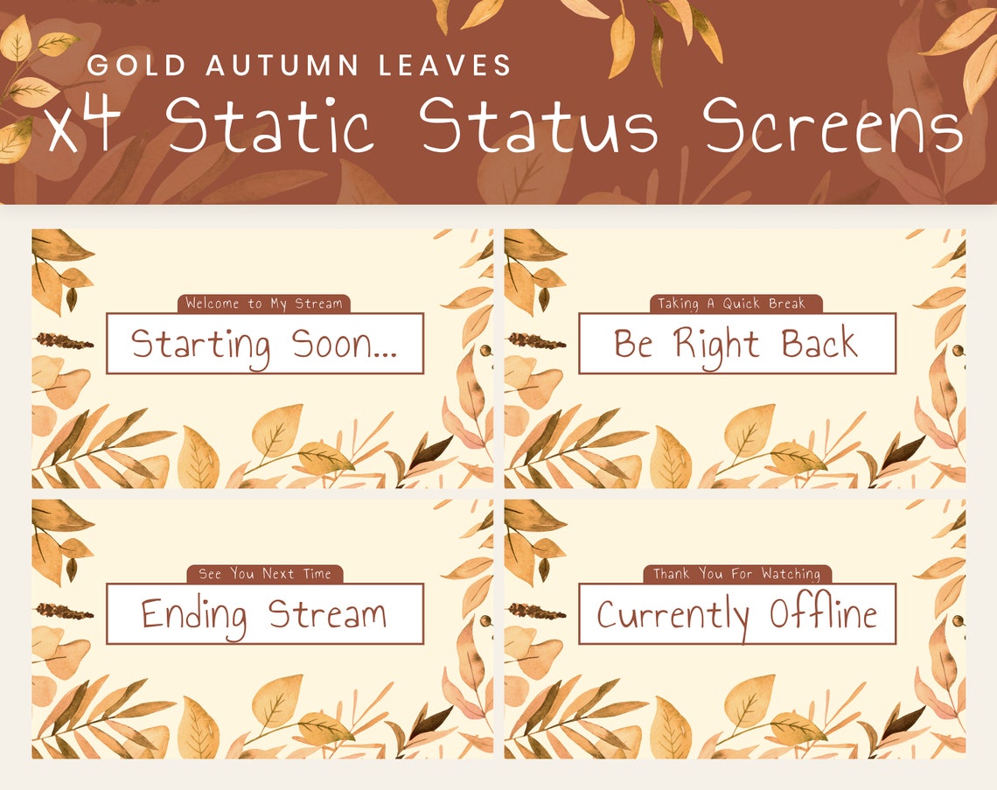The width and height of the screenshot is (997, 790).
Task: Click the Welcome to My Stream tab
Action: [x=264, y=304]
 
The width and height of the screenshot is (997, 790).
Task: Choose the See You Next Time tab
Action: [x=265, y=574]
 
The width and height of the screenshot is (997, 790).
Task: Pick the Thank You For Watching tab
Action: [x=736, y=574]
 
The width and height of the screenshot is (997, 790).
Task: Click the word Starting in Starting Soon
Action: [x=200, y=344]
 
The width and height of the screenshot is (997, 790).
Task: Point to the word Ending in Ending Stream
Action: [x=194, y=614]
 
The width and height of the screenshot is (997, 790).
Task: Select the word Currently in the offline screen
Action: [x=673, y=615]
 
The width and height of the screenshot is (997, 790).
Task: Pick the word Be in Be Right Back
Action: [x=633, y=344]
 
